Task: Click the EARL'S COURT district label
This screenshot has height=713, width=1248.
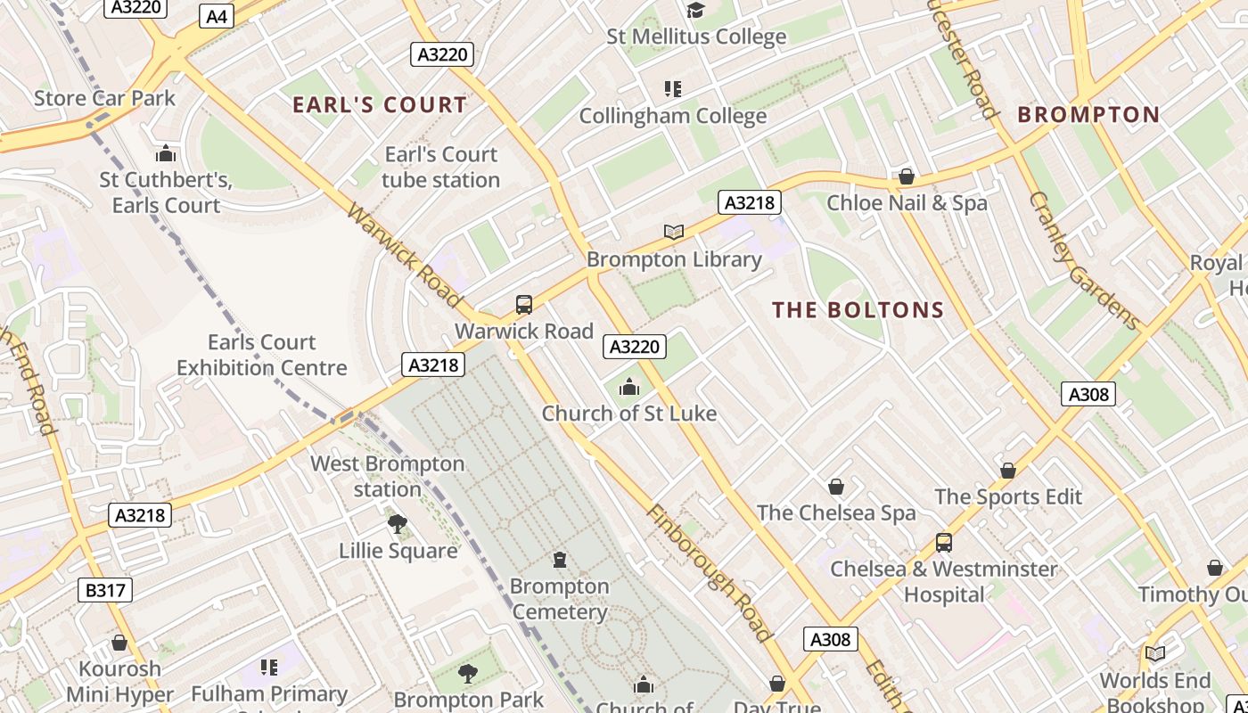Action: point(380,104)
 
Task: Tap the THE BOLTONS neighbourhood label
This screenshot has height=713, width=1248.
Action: point(858,310)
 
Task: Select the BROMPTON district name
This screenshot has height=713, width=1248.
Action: point(1088,114)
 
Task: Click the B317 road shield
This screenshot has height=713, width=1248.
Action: point(104,590)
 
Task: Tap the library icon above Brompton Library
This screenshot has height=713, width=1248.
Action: point(674,233)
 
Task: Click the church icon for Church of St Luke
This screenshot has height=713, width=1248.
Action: point(629,387)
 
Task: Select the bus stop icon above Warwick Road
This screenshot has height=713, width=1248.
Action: point(524,305)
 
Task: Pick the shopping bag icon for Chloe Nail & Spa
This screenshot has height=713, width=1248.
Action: point(907,176)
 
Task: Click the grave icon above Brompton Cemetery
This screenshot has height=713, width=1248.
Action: point(560,560)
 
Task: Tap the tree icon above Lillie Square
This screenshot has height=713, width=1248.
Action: point(398,524)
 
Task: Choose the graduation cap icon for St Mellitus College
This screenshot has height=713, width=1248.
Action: point(695,10)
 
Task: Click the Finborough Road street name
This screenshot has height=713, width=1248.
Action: point(708,572)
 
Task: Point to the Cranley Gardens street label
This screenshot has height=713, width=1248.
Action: point(1084,260)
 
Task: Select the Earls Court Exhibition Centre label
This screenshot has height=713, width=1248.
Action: point(261,355)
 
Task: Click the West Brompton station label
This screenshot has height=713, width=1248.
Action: point(387,477)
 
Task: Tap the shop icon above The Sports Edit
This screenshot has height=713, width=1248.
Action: point(1008,471)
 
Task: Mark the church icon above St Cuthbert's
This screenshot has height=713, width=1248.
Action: point(166,153)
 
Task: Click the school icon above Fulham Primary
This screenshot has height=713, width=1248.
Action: point(270,667)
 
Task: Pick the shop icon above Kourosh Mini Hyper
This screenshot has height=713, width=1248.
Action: point(119,643)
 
